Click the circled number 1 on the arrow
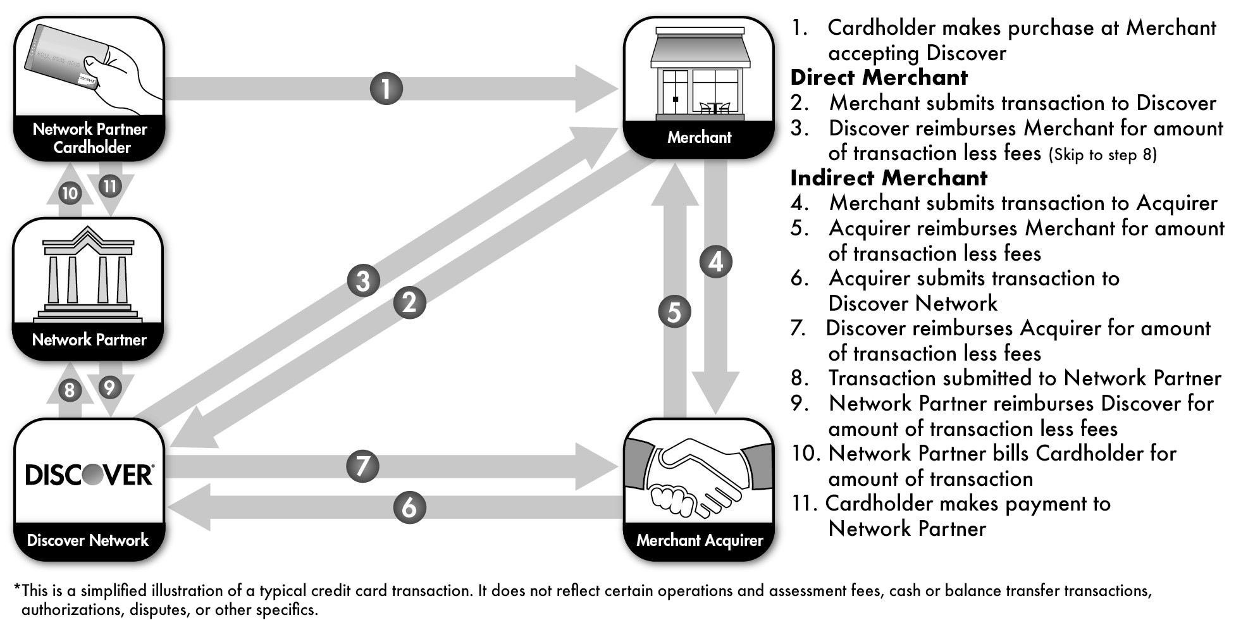click(386, 88)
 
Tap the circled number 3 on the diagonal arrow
click(363, 280)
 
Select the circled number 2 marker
click(409, 302)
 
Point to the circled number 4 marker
click(715, 261)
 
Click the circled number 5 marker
click(674, 312)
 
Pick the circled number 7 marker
click(362, 466)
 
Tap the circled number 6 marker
click(409, 507)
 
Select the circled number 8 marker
click(70, 390)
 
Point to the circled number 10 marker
click(70, 193)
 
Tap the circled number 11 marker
click(110, 186)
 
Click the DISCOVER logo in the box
click(89, 474)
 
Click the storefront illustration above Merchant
click(700, 73)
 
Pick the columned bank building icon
click(89, 275)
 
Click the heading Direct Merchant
click(879, 77)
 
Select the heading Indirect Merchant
click(889, 178)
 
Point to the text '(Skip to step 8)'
click(1102, 155)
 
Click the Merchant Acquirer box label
click(700, 540)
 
